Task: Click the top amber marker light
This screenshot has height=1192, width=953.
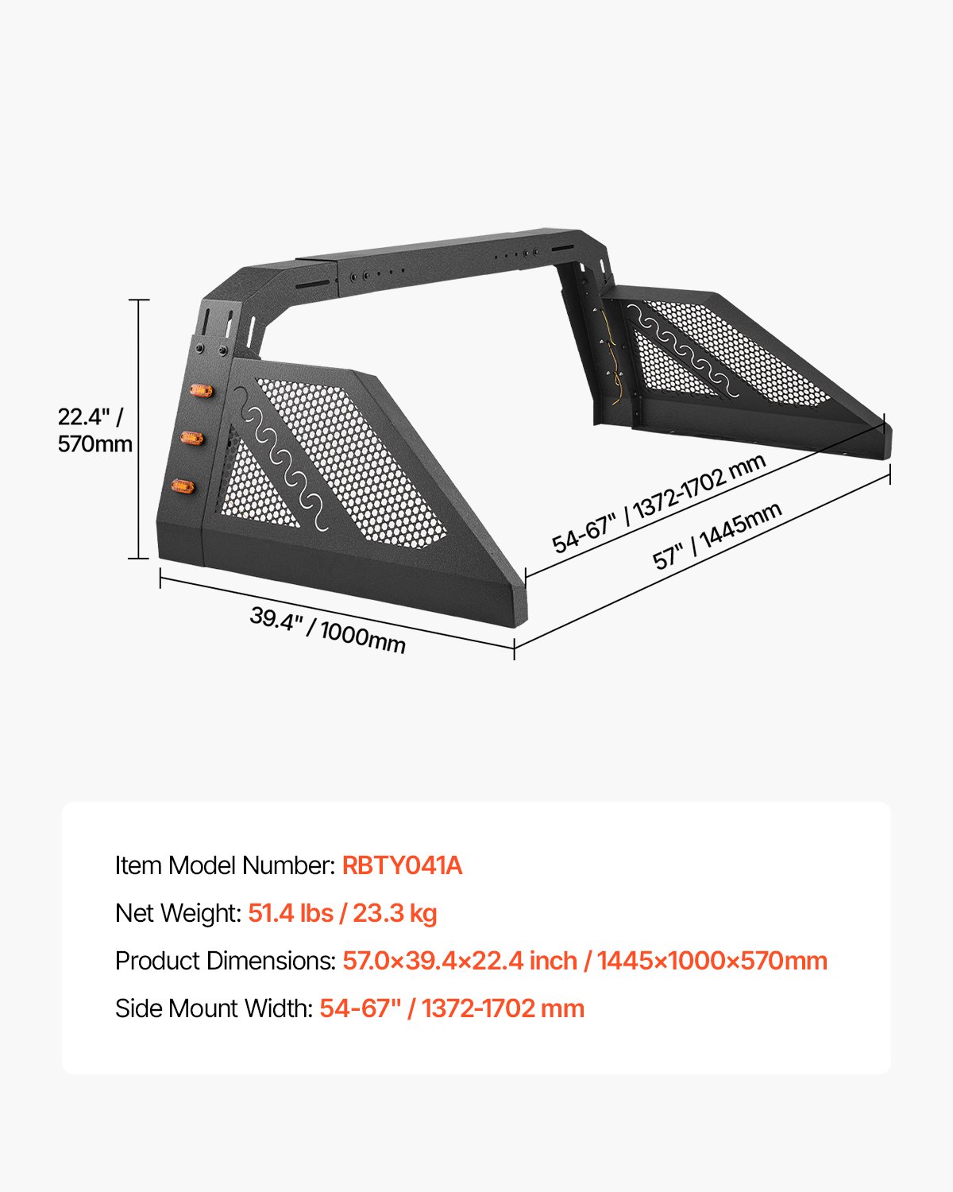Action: tap(201, 391)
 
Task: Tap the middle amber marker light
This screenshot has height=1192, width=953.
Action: tap(192, 439)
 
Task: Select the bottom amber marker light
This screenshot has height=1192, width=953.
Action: tap(183, 486)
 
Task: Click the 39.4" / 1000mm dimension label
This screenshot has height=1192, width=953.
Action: tap(327, 630)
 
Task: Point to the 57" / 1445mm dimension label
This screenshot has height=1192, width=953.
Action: tap(717, 536)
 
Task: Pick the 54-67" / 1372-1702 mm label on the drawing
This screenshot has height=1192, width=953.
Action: tap(659, 503)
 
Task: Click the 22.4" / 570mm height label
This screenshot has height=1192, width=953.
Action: tap(95, 431)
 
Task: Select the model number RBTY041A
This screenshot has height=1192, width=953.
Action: tap(402, 865)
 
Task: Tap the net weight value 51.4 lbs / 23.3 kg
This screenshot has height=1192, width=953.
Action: tap(342, 913)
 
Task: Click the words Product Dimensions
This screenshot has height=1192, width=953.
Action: tap(226, 961)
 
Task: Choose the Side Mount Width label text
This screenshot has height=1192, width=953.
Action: tap(214, 1008)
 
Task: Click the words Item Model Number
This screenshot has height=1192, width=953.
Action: tap(225, 865)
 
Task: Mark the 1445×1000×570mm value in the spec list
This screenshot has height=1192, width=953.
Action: tap(712, 961)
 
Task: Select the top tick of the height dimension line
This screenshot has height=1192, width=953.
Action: tap(139, 300)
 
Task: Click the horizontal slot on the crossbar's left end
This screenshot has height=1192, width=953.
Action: tap(315, 284)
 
